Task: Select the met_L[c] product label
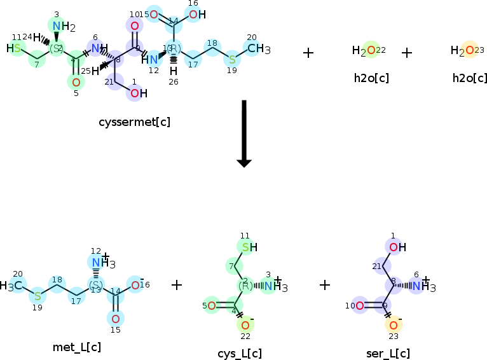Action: tap(77, 347)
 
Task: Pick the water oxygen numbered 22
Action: tap(363, 51)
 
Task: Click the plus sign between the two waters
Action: tap(407, 52)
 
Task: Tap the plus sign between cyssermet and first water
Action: tap(308, 52)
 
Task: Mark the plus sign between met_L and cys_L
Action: tap(177, 284)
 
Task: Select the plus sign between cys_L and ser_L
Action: tap(325, 284)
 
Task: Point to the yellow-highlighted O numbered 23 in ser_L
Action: tap(394, 326)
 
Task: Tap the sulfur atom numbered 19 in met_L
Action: tap(38, 296)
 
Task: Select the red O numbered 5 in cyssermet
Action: tap(76, 82)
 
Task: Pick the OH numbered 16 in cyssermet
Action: tap(195, 14)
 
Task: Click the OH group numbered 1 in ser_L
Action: tap(395, 247)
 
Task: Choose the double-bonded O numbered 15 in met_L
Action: tap(115, 319)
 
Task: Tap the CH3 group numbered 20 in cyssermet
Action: tap(257, 48)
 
